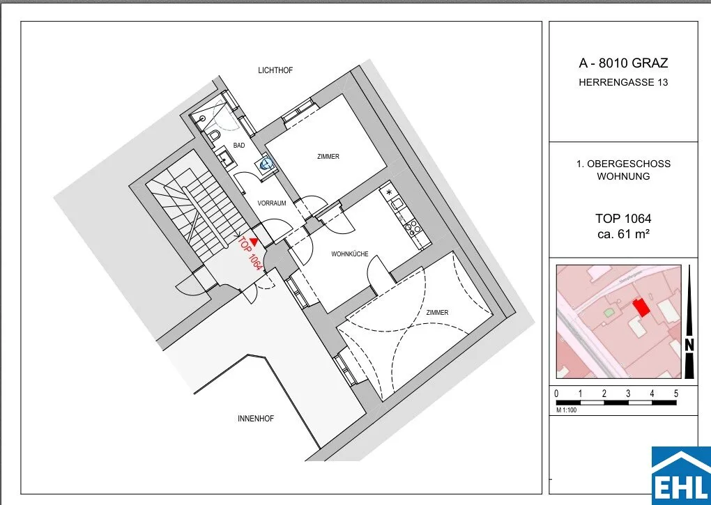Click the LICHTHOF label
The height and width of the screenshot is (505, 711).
pos(275,70)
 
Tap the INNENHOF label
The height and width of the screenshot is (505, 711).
pos(256,419)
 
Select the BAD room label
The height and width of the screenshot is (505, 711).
pos(239,146)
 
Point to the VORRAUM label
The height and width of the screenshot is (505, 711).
pos(272,203)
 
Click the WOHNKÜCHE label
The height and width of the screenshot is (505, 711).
pos(350,254)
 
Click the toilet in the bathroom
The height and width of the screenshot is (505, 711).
pos(215,136)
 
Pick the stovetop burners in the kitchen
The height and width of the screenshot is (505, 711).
pos(413,226)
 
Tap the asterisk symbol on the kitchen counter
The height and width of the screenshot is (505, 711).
pos(388,192)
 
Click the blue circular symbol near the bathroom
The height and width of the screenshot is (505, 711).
pos(266,164)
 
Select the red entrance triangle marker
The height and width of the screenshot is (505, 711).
pos(254,242)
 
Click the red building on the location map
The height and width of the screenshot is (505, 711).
pos(641,308)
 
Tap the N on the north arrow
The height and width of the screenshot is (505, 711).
pos(689,345)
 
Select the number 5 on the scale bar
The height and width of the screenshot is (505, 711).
pos(676,394)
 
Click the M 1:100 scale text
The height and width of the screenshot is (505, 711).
pos(566,410)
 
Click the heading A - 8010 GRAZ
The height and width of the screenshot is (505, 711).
pos(623,63)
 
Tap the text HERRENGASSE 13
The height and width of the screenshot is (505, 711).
pos(623,82)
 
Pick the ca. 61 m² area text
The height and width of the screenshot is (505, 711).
pos(623,234)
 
